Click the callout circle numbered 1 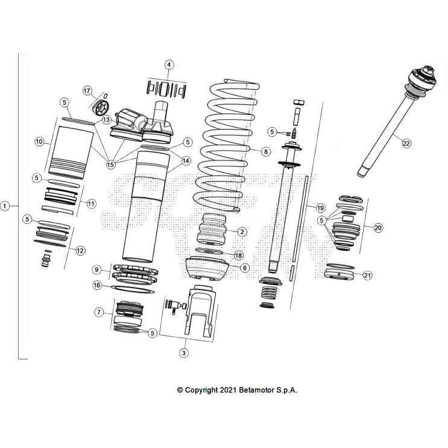pyautogui.click(x=5, y=206)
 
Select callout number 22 pyautogui.click(x=406, y=144)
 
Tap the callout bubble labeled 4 pyautogui.click(x=169, y=65)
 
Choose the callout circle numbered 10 pyautogui.click(x=39, y=142)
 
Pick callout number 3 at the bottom pyautogui.click(x=184, y=353)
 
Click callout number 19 pyautogui.click(x=320, y=207)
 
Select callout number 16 pyautogui.click(x=97, y=285)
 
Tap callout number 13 pyautogui.click(x=106, y=120)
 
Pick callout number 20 pyautogui.click(x=378, y=228)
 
